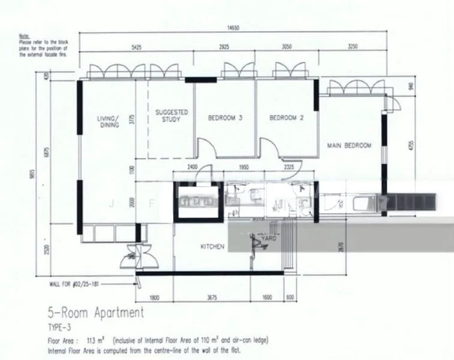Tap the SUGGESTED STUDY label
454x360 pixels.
point(172,115)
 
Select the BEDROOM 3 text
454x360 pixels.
point(225,118)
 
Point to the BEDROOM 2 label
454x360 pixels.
point(286,118)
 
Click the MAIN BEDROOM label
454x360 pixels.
point(349,145)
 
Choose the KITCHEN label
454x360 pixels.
point(212,247)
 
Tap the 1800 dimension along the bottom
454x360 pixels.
point(154,296)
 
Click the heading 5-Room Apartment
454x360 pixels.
point(95,312)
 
